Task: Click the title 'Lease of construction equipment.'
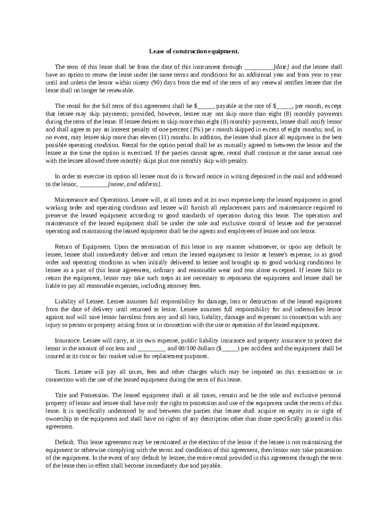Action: click(x=193, y=51)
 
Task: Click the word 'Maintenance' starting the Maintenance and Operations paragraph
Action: click(x=69, y=200)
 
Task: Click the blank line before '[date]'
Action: click(x=258, y=67)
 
